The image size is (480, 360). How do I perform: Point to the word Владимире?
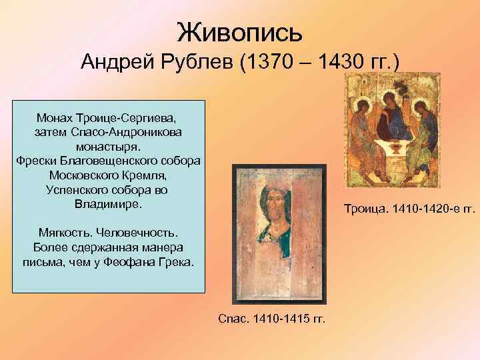tap(108, 203)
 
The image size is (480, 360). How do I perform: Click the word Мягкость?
tap(65, 233)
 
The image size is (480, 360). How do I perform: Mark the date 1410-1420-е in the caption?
tap(425, 210)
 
